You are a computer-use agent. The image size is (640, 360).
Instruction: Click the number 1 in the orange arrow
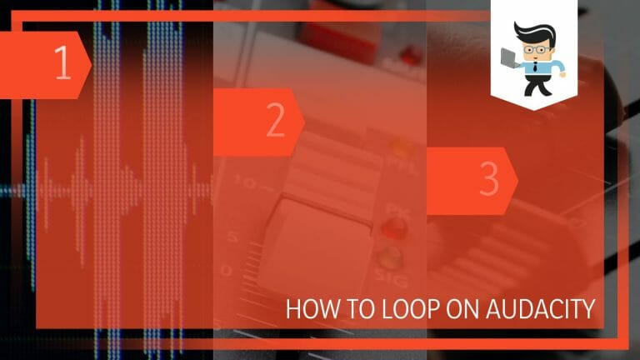tap(62, 65)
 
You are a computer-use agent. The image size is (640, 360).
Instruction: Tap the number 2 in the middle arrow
tap(275, 122)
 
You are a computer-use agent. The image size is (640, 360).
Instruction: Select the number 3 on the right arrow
tap(488, 180)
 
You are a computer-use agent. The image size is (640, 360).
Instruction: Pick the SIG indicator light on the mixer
tap(387, 257)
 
